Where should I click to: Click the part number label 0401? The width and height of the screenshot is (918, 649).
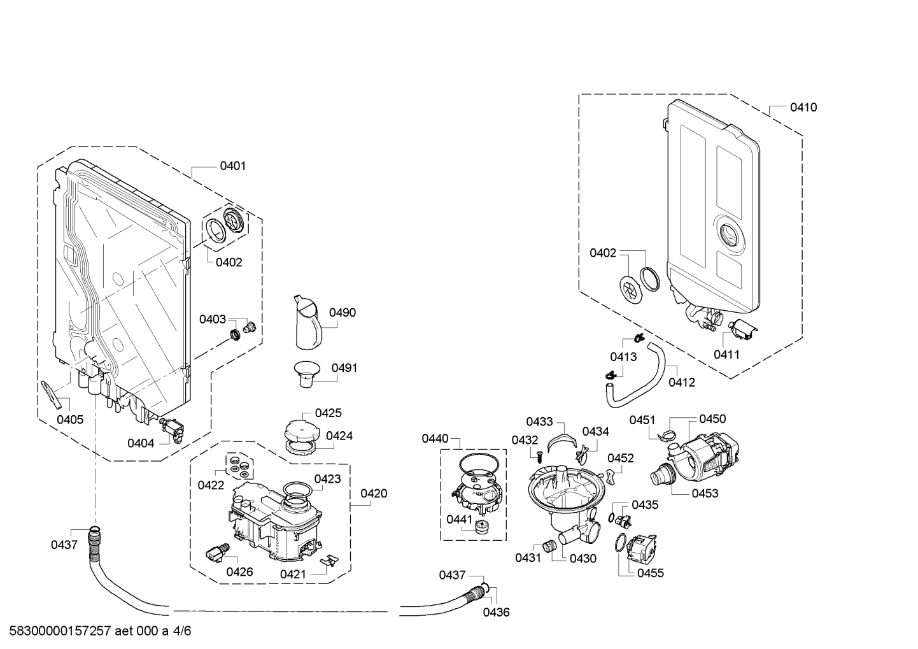(233, 166)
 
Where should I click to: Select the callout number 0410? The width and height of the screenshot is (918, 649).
(803, 108)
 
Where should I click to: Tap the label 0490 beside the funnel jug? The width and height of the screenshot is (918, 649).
(342, 313)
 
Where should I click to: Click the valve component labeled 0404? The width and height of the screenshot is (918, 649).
(173, 430)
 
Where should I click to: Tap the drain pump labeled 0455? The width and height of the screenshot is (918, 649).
(642, 549)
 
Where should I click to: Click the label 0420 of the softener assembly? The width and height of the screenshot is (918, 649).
(374, 494)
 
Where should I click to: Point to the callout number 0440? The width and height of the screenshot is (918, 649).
(435, 439)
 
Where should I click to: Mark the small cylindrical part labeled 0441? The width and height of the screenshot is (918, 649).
(482, 526)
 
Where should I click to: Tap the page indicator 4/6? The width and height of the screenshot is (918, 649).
(182, 631)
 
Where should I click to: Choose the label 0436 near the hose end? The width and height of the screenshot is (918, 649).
(497, 613)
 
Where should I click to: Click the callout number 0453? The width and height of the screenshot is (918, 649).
(705, 494)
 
